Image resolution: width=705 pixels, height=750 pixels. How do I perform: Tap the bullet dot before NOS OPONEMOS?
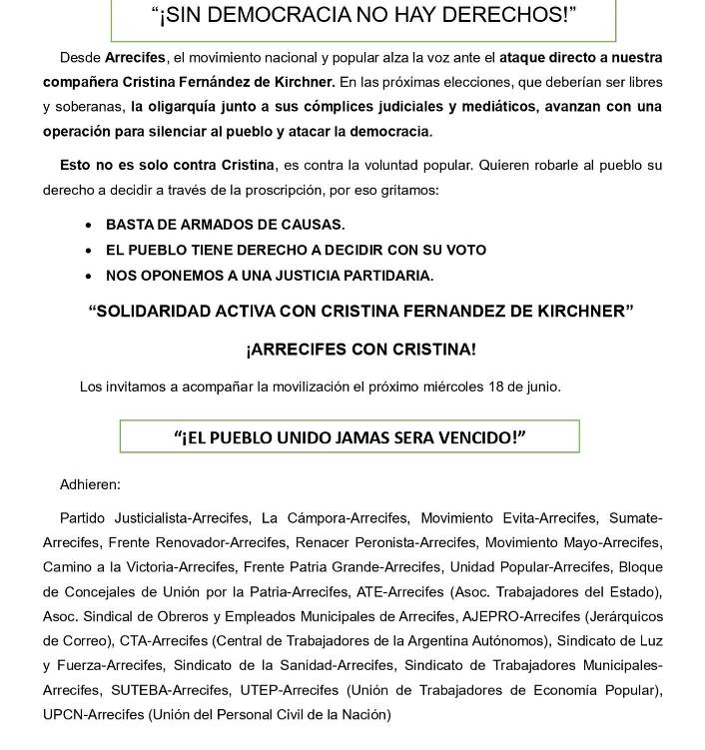[x=90, y=276]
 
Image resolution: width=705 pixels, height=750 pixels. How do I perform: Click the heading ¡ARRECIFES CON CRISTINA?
[x=360, y=350]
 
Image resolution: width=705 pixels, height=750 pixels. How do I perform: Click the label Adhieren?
[x=90, y=484]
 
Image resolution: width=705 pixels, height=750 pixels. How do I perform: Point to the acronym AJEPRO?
[x=493, y=616]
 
